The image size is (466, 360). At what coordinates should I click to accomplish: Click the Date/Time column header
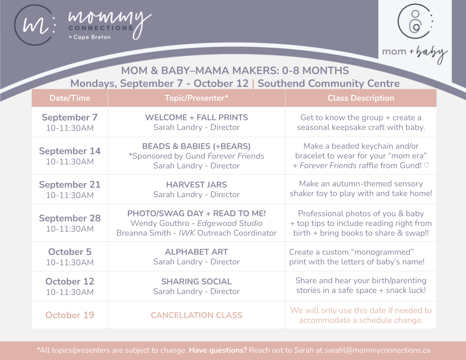click(70, 98)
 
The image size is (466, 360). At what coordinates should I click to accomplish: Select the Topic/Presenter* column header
click(196, 98)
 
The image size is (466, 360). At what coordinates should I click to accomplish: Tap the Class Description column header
click(361, 98)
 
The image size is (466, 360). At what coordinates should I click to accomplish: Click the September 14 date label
click(70, 151)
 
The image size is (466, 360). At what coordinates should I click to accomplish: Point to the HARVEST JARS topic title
click(196, 185)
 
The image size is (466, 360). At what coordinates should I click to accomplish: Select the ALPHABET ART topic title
click(196, 252)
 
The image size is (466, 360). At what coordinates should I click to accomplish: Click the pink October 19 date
click(70, 315)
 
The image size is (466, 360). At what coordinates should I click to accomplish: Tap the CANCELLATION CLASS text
click(196, 315)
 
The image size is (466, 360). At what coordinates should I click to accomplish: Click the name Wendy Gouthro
click(160, 223)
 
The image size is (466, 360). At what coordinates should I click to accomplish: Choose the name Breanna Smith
click(143, 233)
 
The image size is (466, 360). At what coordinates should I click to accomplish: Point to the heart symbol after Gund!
click(426, 165)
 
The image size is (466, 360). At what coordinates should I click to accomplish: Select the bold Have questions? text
click(218, 350)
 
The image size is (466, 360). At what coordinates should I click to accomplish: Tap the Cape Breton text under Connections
click(92, 37)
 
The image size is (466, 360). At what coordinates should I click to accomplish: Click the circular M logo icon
click(35, 25)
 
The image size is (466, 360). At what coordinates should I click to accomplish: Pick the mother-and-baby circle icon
click(415, 21)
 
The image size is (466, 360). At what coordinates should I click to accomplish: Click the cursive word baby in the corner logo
click(432, 54)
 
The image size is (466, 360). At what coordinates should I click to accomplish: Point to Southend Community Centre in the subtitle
click(328, 83)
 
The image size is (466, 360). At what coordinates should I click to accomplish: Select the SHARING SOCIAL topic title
click(196, 281)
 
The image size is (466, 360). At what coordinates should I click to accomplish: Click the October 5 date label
click(70, 252)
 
